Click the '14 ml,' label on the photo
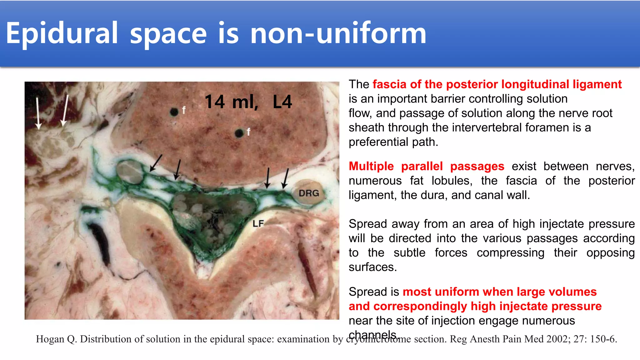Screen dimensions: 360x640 (x=231, y=102)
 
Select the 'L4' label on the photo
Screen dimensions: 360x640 (x=282, y=102)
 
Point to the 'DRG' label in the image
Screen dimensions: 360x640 (x=309, y=193)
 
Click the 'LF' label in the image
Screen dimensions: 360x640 (x=258, y=224)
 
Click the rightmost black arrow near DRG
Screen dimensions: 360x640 (x=285, y=179)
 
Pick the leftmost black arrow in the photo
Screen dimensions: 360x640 (x=156, y=163)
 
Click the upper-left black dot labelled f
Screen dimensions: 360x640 (x=174, y=112)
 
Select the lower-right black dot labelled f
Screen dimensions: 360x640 (x=239, y=133)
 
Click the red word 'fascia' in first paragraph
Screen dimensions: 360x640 (x=389, y=84)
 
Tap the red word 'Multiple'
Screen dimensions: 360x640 (x=371, y=166)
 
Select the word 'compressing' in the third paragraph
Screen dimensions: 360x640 (x=510, y=252)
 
